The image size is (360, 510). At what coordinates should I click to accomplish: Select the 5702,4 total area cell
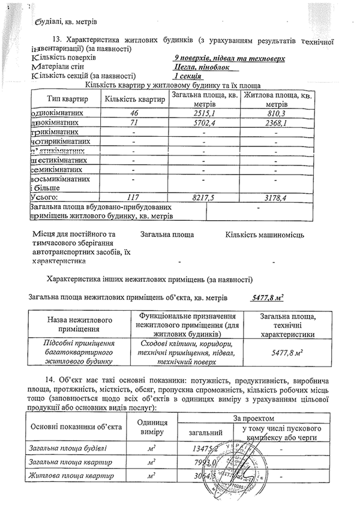[x=204, y=124]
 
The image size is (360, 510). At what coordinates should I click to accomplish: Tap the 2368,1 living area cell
[x=275, y=124]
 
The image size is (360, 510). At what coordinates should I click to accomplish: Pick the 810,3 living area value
[x=275, y=113]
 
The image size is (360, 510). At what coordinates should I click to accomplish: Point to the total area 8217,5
[x=204, y=196]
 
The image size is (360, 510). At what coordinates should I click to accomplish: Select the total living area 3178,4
[x=275, y=196]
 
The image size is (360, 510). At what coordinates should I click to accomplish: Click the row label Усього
[x=44, y=196]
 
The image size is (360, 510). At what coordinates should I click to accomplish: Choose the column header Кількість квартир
[x=134, y=99]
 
